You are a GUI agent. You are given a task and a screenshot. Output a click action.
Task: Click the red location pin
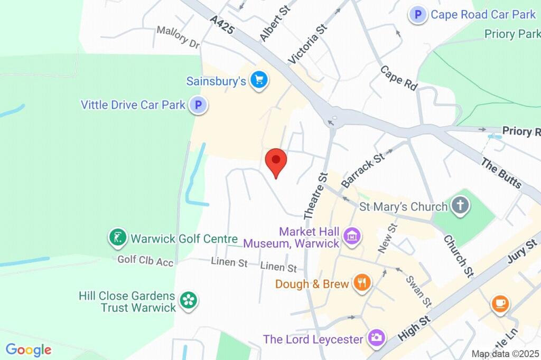click(x=276, y=160)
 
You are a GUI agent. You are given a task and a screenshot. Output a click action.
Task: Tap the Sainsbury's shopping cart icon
click(x=259, y=80)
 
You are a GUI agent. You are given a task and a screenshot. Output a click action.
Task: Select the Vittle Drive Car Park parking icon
click(x=199, y=105)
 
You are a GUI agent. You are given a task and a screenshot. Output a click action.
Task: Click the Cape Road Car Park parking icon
click(x=418, y=15)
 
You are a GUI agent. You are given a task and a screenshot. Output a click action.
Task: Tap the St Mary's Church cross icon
click(x=460, y=205)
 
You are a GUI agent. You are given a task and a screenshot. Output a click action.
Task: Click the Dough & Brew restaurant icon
click(x=362, y=283)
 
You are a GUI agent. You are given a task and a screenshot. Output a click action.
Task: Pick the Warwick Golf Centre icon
click(x=117, y=238)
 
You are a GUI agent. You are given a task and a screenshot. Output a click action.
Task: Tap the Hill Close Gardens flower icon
click(x=188, y=301)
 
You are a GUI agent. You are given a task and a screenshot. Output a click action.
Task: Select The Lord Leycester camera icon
click(x=376, y=338)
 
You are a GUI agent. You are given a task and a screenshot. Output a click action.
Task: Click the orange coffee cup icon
click(x=500, y=304)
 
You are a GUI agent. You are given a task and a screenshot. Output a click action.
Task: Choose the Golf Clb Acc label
click(x=145, y=260)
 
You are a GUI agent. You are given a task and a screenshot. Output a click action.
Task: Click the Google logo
click(x=29, y=349)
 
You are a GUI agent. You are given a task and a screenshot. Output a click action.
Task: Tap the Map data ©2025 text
click(x=506, y=354)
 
